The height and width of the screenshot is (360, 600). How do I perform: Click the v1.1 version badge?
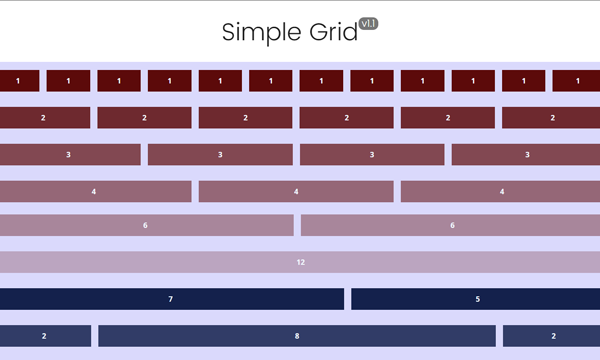[368, 24]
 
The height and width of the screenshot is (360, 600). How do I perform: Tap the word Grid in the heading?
[333, 31]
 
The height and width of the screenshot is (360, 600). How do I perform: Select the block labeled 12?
[300, 262]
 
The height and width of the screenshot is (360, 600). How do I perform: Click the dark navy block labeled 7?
[172, 299]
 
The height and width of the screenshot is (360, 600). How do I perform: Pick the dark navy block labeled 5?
[476, 299]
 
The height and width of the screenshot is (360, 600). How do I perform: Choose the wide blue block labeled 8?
[297, 336]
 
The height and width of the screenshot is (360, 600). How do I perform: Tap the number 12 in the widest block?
[300, 262]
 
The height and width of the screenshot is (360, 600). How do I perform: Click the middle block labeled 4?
[296, 191]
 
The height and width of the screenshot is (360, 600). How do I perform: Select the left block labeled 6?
[147, 225]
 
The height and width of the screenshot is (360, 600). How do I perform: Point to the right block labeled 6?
[450, 225]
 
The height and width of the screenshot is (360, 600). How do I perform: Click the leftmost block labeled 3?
[70, 155]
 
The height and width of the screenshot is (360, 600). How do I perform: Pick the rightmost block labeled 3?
[526, 155]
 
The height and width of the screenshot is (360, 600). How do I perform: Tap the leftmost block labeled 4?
[96, 191]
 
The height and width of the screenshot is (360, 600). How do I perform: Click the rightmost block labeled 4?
[501, 191]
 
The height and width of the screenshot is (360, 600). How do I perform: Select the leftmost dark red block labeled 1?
[20, 81]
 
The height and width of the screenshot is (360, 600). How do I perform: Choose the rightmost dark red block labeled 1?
[576, 81]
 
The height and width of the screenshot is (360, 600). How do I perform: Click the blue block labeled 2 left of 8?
[46, 336]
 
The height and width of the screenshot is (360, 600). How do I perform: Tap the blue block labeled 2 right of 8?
[551, 336]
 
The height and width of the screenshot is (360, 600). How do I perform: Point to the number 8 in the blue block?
[297, 336]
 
